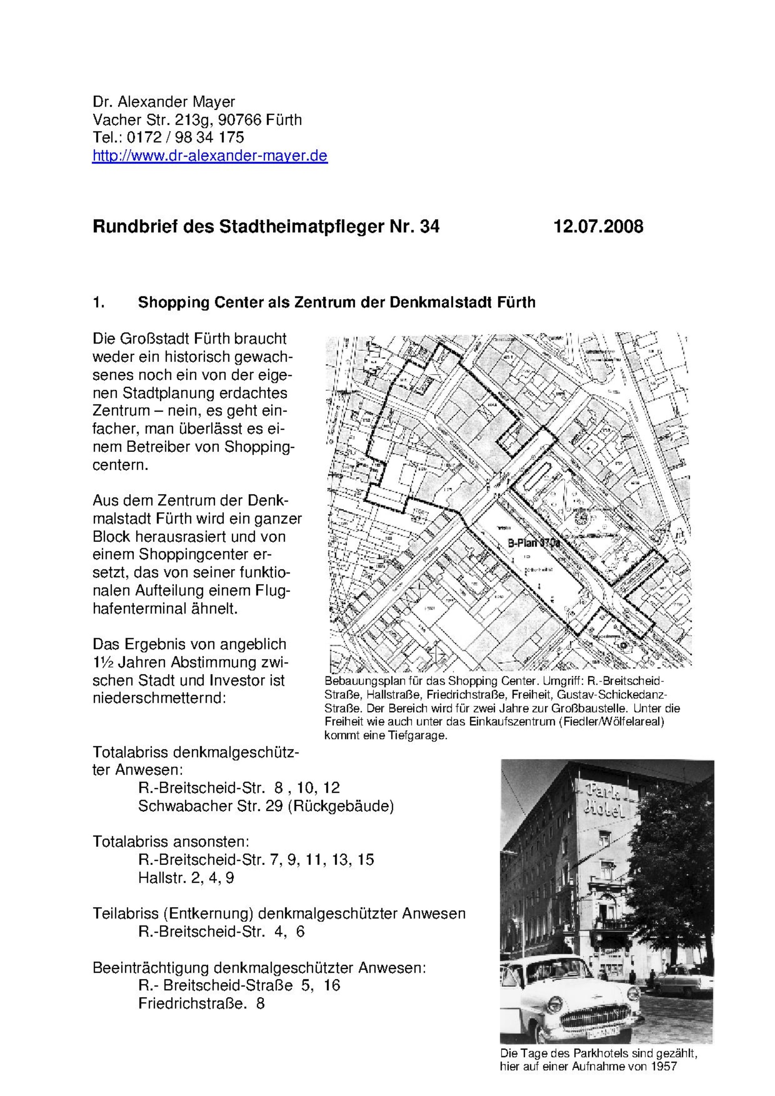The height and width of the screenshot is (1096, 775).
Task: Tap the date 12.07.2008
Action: click(x=598, y=226)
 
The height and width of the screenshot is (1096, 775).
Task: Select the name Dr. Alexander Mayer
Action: click(x=164, y=102)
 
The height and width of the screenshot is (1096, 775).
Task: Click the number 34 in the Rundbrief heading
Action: click(x=429, y=226)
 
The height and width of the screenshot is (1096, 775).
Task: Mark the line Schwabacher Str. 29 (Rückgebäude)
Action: click(x=266, y=806)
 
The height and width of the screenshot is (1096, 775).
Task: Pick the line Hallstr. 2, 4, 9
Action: click(x=186, y=878)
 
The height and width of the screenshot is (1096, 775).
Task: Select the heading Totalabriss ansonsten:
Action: click(x=171, y=842)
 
